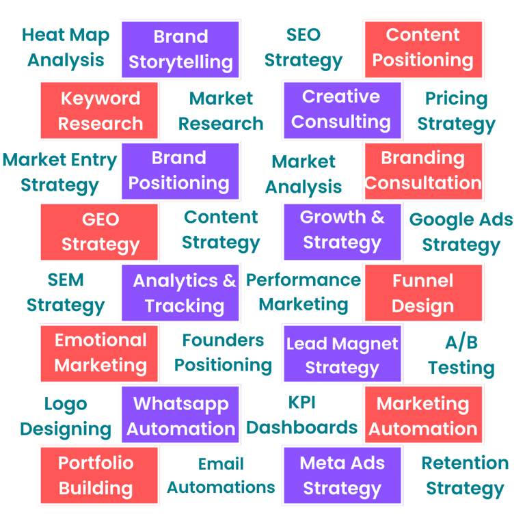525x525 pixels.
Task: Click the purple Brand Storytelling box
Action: (x=180, y=49)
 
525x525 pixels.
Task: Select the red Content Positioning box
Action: (x=422, y=48)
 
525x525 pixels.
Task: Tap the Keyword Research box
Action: (x=100, y=111)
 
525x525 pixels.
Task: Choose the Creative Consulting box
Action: (x=341, y=109)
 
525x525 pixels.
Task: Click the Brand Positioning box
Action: (x=179, y=171)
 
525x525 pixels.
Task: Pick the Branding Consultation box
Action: (x=422, y=171)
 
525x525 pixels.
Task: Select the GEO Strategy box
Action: (x=100, y=232)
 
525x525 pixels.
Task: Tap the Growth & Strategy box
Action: (x=342, y=230)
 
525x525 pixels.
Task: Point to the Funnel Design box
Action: (x=422, y=293)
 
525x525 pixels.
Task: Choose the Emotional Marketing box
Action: (x=100, y=353)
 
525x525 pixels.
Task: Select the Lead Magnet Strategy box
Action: (x=342, y=354)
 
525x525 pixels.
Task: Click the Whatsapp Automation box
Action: (x=180, y=416)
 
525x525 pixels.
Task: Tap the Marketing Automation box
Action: (x=422, y=416)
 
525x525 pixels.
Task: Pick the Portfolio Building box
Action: (x=96, y=475)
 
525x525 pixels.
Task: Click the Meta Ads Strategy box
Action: (x=342, y=475)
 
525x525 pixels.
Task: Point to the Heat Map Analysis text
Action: (x=66, y=48)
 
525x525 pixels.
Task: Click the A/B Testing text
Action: (x=461, y=355)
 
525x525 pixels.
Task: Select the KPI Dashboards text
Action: (x=302, y=416)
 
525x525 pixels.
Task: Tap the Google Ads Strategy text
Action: (x=461, y=232)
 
